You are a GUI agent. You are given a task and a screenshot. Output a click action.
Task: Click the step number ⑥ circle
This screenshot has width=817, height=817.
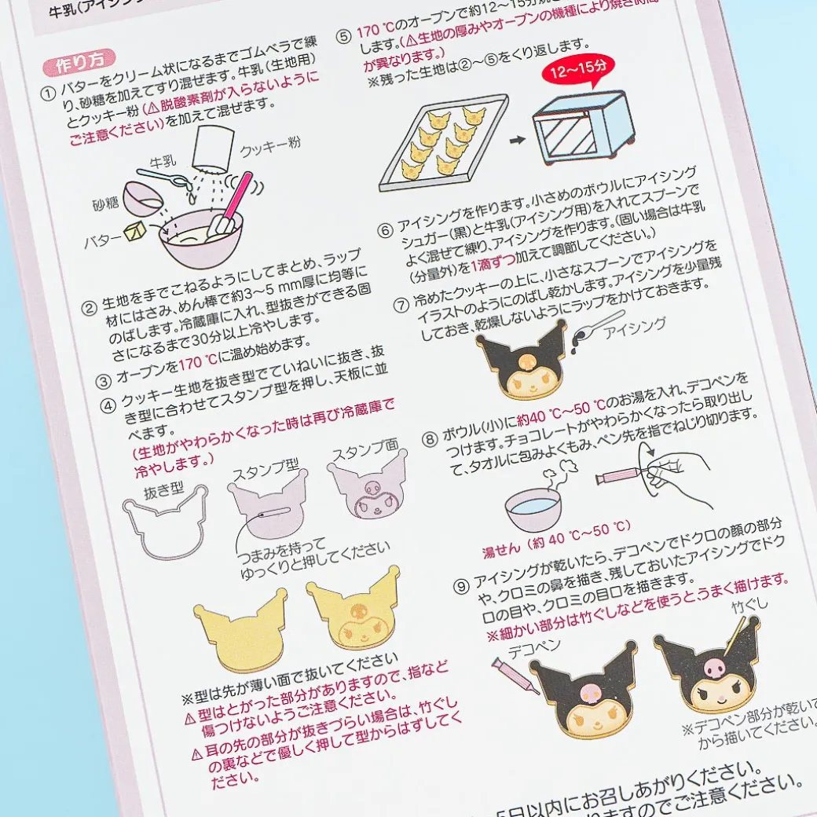[x=384, y=231]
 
